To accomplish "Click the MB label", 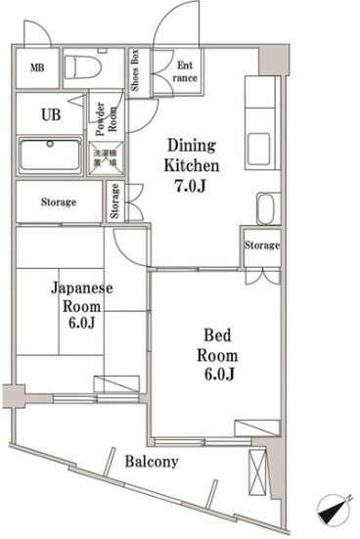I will (36, 67).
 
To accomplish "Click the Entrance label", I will (187, 71).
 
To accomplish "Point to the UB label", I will (50, 113).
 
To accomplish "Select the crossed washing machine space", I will (104, 157).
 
